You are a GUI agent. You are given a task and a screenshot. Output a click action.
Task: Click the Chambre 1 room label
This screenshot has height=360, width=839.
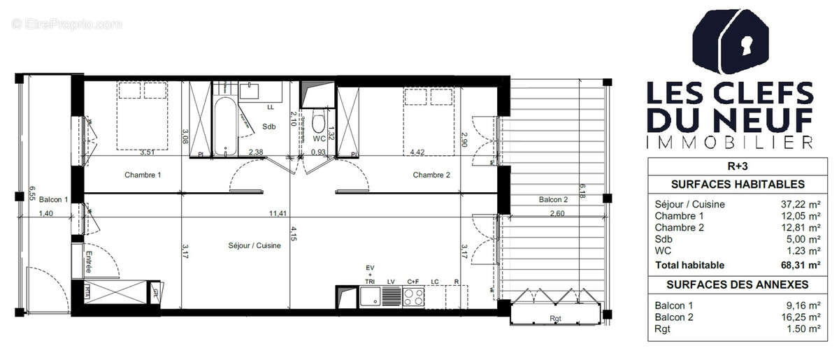pos(143,175)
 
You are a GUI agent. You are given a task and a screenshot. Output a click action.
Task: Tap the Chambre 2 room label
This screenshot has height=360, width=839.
pos(431,175)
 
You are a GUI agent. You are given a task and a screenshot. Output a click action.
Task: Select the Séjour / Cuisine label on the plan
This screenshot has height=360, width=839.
pos(254,245)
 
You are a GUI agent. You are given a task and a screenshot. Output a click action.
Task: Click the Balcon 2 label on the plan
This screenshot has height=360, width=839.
pos(553,200)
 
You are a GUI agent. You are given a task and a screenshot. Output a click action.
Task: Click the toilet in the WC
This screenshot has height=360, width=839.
pos(319,124)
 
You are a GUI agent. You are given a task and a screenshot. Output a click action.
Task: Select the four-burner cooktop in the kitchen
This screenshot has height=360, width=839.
pos(413,297)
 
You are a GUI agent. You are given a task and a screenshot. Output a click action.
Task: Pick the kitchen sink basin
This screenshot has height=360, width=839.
pos(370,297)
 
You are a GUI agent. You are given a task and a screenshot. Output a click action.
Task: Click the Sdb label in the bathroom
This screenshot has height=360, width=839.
pos(268,127)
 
